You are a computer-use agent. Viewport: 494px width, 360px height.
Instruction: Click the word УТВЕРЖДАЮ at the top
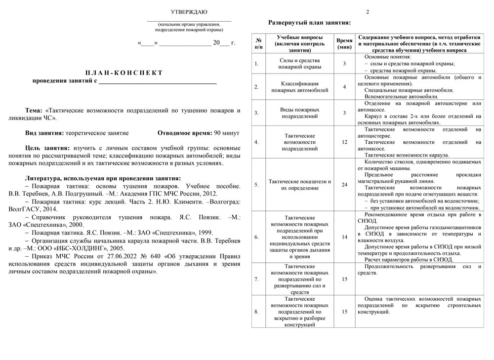pos(189,12)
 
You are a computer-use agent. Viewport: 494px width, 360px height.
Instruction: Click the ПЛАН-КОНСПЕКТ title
pos(124,73)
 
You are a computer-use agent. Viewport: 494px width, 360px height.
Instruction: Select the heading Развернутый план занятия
pos(309,23)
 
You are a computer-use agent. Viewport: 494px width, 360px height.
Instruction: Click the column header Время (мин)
pos(344,43)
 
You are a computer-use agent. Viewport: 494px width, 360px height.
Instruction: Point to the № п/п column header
pos(258,43)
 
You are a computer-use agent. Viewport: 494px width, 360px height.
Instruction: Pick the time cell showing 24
pos(344,185)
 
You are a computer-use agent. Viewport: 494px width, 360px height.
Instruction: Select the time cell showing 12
pos(344,142)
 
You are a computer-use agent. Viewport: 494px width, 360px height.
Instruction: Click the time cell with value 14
pos(344,237)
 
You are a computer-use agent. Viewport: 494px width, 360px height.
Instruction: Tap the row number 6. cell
pos(256,237)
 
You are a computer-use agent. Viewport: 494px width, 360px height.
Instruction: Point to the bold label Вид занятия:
pos(44,133)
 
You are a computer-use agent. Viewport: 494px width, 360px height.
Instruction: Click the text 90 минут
pos(227,133)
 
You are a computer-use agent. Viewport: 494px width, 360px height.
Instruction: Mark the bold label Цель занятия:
pos(47,148)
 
